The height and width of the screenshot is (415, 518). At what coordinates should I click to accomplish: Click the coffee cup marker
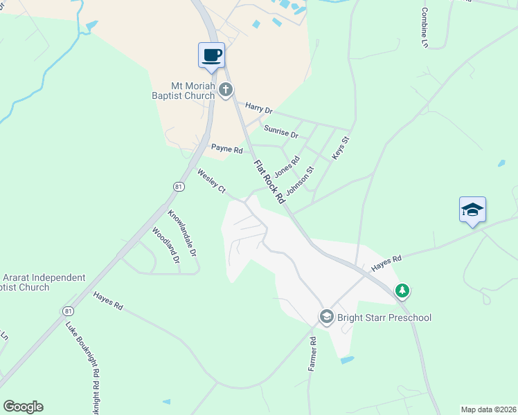(x=211, y=55)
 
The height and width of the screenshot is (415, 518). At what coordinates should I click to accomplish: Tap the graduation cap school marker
(x=472, y=209)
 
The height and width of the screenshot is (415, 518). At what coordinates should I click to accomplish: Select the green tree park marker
(x=402, y=291)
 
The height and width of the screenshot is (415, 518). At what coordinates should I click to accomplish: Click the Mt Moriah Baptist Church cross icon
(x=225, y=89)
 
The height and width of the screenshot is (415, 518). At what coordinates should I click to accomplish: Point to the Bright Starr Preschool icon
(x=326, y=317)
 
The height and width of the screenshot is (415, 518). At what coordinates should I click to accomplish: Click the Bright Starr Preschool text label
(x=384, y=317)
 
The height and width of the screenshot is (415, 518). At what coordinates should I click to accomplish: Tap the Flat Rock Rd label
(x=270, y=182)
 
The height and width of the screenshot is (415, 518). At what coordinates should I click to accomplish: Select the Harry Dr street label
(x=260, y=109)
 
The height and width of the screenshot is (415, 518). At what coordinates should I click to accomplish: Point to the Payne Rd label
(x=227, y=149)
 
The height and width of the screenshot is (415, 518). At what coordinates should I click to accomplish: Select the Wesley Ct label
(x=212, y=180)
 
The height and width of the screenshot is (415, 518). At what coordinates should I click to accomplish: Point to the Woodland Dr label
(x=166, y=246)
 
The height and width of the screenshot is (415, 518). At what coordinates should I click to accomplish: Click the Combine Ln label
(x=424, y=28)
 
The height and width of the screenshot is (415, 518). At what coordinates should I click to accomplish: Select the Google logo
(x=23, y=407)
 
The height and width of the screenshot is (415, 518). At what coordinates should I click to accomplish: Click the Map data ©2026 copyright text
(x=488, y=409)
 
